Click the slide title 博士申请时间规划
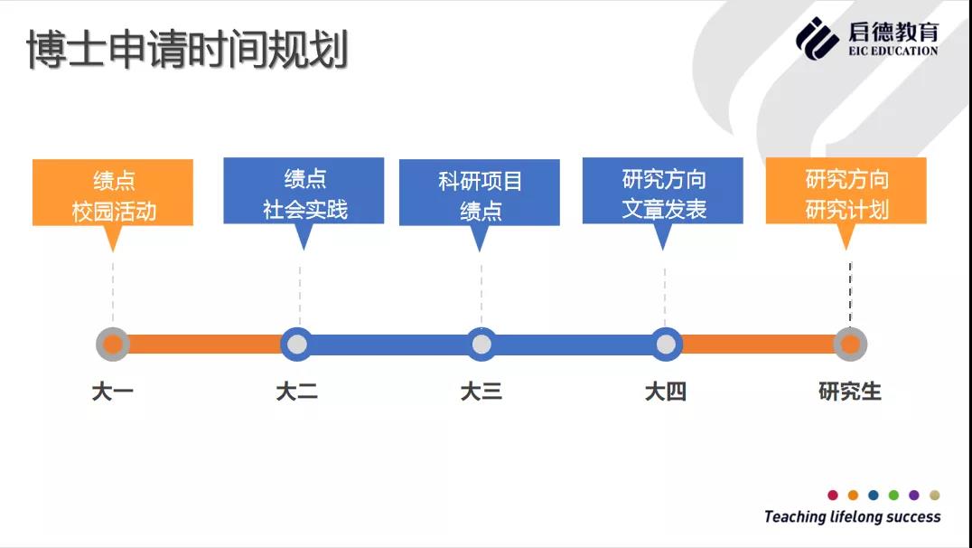[187, 49]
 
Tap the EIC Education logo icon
[817, 39]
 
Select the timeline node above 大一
[113, 344]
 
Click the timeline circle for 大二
[297, 344]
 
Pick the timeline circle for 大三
[481, 344]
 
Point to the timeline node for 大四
[666, 344]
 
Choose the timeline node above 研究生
[850, 344]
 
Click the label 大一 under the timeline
[113, 392]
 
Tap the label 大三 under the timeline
[481, 392]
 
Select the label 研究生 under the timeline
[850, 392]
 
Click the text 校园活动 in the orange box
[114, 211]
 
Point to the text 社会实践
[305, 209]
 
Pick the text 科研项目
[481, 181]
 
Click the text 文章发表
[664, 209]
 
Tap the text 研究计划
[847, 209]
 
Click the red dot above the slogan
[833, 495]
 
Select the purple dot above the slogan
[913, 495]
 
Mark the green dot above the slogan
[893, 495]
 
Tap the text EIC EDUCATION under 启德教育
[893, 51]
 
